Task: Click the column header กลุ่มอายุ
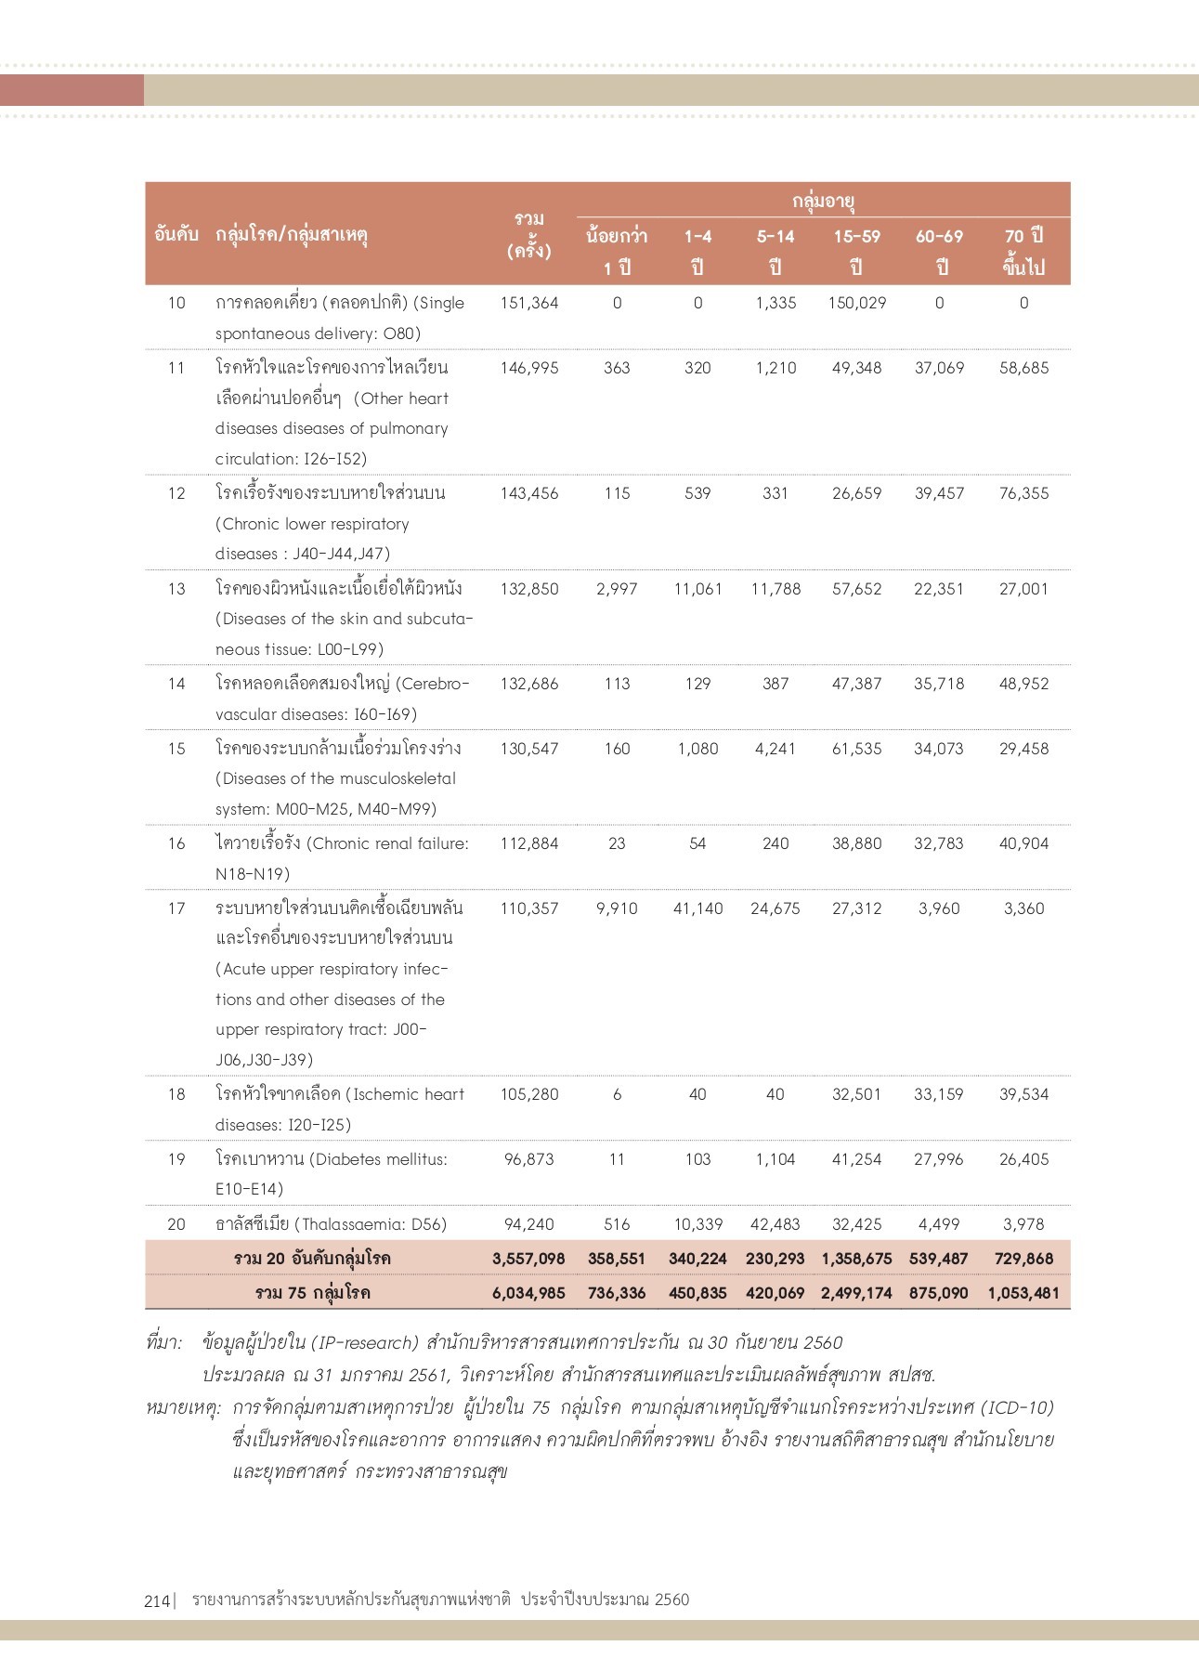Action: point(823,201)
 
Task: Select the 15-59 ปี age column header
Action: point(856,251)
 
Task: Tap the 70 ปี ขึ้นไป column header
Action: point(1023,251)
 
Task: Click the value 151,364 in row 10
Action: point(529,303)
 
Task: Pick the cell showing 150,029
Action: point(856,303)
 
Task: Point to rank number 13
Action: point(176,589)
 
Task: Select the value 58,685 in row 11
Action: point(1023,368)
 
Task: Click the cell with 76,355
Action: point(1023,493)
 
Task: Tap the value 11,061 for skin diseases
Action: point(697,589)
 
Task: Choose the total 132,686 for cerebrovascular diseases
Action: point(529,684)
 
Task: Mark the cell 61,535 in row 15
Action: point(856,749)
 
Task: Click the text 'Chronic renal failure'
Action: point(388,843)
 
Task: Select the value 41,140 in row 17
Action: point(697,908)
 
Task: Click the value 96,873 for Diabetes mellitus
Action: point(529,1159)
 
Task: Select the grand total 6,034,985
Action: point(528,1293)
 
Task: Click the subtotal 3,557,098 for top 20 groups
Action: point(528,1259)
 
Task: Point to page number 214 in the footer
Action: point(157,1600)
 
